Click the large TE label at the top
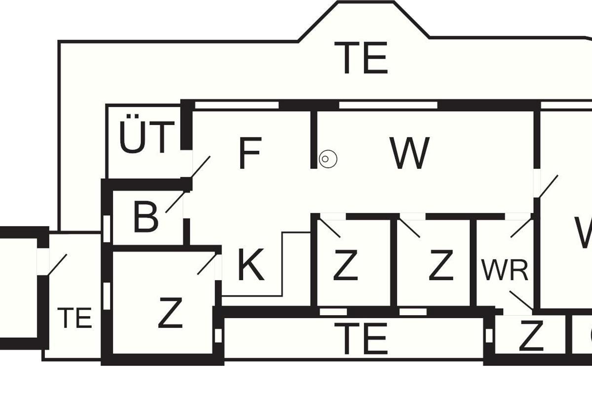361,58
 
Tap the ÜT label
147,137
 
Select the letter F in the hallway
250,154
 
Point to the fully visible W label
409,153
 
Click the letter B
146,217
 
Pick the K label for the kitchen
251,265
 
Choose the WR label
505,270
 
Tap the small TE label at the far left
74,318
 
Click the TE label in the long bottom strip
361,339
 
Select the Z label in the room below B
170,313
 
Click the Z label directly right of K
345,265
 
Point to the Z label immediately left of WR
441,265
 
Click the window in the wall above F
237,105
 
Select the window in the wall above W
388,105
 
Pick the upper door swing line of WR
521,228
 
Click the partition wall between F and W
313,139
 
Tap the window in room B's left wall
106,229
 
